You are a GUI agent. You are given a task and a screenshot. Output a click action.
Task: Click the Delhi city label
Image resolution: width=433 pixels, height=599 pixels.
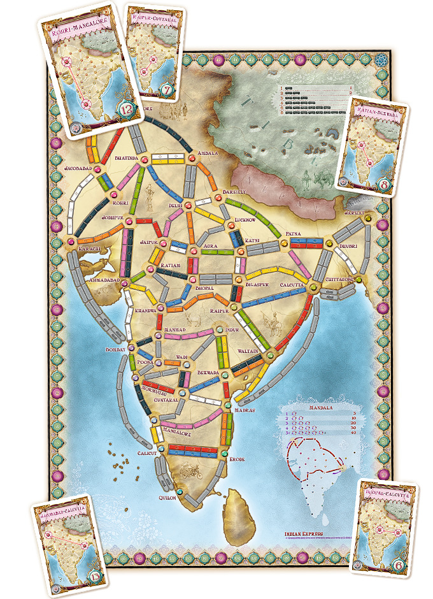pyautogui.click(x=175, y=206)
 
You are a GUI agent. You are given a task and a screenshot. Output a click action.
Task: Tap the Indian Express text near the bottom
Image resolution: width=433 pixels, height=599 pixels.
pyautogui.click(x=304, y=533)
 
